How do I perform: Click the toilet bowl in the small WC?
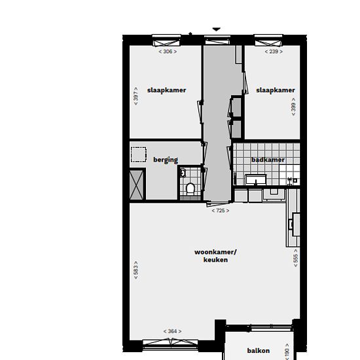(190, 189)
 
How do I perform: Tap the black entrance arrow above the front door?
(216, 29)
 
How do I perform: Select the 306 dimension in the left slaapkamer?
(168, 52)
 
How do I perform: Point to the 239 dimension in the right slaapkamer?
(274, 52)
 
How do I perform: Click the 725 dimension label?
(221, 211)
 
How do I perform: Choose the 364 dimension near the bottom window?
(172, 331)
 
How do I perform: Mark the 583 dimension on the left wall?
(136, 270)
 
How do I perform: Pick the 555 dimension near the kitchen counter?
(295, 258)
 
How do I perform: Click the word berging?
(166, 160)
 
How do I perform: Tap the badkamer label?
(268, 160)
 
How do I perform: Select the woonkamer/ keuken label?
(215, 256)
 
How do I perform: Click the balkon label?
(259, 351)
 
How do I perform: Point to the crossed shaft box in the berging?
(137, 185)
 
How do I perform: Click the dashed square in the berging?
(139, 154)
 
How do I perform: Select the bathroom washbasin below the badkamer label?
(256, 179)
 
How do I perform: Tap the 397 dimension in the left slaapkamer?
(136, 96)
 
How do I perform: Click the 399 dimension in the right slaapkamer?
(293, 107)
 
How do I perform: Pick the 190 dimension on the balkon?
(287, 351)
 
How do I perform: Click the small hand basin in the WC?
(183, 173)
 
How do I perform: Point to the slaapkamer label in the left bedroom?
(166, 90)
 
